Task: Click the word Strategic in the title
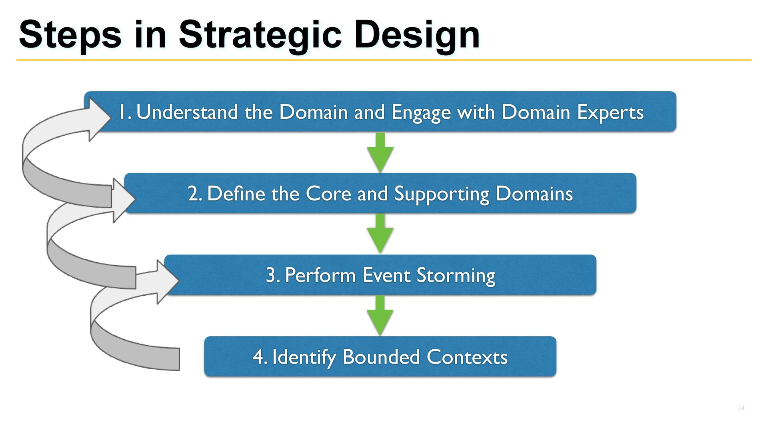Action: (x=260, y=35)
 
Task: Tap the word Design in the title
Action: (x=417, y=35)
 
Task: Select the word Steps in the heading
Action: (x=70, y=35)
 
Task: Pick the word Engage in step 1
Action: (x=421, y=113)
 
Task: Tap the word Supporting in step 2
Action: (x=442, y=194)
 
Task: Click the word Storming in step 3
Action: (x=456, y=276)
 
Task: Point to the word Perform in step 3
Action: (x=320, y=275)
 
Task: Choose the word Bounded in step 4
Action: (x=381, y=357)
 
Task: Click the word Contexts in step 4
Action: (x=467, y=357)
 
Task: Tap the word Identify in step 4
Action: (x=304, y=357)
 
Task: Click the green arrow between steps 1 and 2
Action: (x=380, y=153)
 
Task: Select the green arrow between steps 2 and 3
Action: (x=380, y=234)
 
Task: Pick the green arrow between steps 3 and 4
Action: (x=380, y=316)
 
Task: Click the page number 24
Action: (x=741, y=408)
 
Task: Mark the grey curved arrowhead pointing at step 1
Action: (x=98, y=119)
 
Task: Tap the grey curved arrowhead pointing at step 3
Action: (x=166, y=282)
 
